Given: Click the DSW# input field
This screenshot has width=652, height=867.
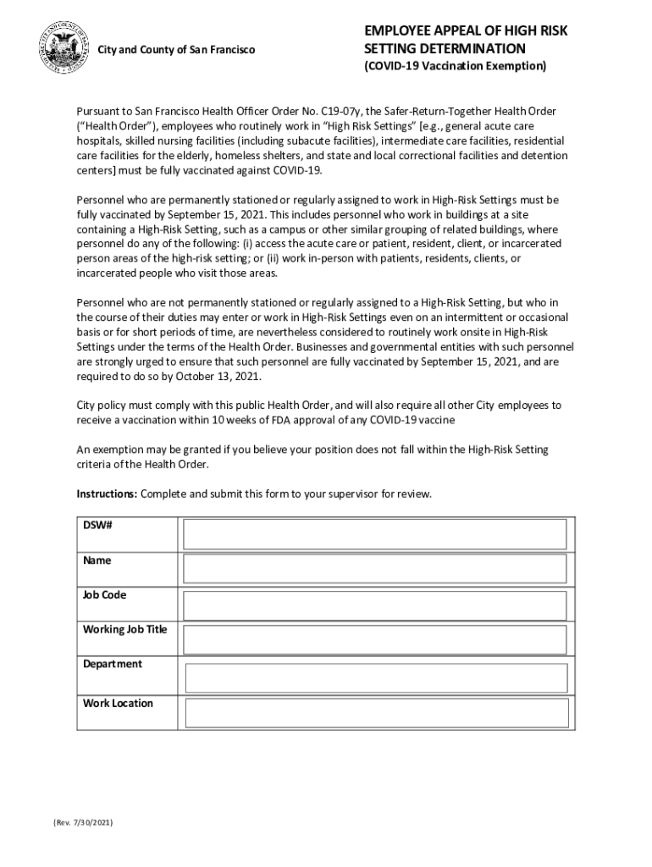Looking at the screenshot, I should [375, 534].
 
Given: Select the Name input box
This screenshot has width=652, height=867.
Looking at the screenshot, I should [375, 569].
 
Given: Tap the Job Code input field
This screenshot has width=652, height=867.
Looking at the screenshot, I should [375, 605].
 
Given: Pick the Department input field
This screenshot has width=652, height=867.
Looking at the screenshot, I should [375, 677].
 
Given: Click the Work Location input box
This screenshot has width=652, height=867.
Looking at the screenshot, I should [375, 713].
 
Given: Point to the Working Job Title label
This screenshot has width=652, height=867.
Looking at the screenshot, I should [124, 630].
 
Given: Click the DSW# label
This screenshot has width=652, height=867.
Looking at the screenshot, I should [98, 526].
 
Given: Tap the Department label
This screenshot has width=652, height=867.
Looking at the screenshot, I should [112, 664].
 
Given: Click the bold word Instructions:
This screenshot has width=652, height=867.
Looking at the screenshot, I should [107, 494].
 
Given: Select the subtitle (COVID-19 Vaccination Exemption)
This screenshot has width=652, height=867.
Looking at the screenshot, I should [456, 65].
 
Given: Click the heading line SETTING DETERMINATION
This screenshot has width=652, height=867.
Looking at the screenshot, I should [445, 48].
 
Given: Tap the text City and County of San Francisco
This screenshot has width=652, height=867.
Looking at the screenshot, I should [176, 50].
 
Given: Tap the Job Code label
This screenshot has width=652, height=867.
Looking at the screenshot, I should [104, 595].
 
